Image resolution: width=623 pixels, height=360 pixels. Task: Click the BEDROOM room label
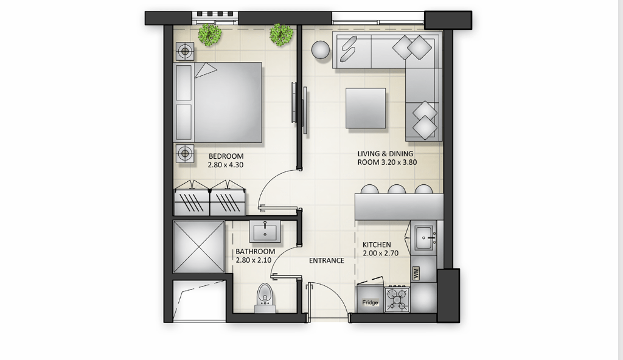click(226, 156)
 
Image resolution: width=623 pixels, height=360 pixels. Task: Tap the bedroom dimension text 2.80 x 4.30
click(226, 165)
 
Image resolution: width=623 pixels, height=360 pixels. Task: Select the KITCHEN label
click(377, 245)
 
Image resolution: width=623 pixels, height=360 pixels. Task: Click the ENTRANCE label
click(327, 261)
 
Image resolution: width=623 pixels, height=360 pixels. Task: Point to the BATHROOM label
click(256, 252)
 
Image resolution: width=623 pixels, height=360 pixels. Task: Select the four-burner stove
click(397, 299)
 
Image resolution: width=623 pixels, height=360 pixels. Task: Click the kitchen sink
click(425, 238)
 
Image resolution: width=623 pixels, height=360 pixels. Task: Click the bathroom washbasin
click(265, 232)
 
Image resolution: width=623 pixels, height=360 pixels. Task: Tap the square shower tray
click(199, 247)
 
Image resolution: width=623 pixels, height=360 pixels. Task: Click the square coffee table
click(366, 108)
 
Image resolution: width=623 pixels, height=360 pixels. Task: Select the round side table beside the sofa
click(320, 50)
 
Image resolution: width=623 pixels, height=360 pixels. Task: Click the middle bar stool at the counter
click(397, 189)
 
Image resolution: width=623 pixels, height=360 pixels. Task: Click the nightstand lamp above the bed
click(184, 51)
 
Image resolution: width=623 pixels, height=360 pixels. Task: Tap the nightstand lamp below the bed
click(184, 153)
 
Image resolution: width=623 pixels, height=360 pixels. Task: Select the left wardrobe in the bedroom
click(192, 199)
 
